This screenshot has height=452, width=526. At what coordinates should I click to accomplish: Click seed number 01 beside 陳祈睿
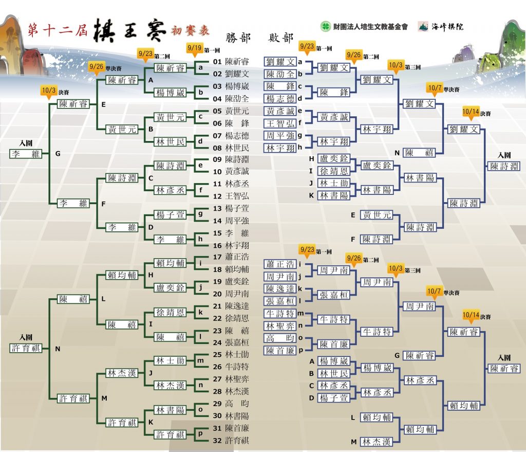pyautogui.click(x=217, y=62)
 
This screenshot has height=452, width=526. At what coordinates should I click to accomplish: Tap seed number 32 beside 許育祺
pyautogui.click(x=217, y=441)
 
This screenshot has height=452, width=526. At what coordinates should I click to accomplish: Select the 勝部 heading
pyautogui.click(x=238, y=38)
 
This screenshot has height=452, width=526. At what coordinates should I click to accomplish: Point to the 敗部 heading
pyautogui.click(x=281, y=38)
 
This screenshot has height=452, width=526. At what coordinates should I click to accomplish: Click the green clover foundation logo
pyautogui.click(x=325, y=26)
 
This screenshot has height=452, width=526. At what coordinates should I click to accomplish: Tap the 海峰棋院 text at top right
pyautogui.click(x=447, y=27)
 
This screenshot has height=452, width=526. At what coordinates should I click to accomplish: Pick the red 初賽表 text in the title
pyautogui.click(x=190, y=30)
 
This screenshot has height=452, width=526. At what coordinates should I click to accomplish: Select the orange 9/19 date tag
pyautogui.click(x=195, y=48)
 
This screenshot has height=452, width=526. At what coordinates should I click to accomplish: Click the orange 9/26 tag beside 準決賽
pyautogui.click(x=96, y=66)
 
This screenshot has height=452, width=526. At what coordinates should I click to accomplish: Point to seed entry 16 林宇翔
pyautogui.click(x=231, y=245)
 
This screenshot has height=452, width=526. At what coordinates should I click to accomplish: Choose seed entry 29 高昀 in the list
pyautogui.click(x=231, y=404)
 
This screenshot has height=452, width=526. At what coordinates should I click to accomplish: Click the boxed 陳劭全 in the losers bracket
pyautogui.click(x=280, y=74)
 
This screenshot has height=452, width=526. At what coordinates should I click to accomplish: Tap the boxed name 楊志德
pyautogui.click(x=280, y=99)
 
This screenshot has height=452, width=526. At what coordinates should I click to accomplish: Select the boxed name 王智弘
pyautogui.click(x=280, y=123)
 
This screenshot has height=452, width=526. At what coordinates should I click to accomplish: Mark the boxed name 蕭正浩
pyautogui.click(x=280, y=265)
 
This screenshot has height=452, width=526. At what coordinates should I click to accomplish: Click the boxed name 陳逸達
pyautogui.click(x=280, y=289)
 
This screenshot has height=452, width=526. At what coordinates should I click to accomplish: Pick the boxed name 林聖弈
pyautogui.click(x=280, y=326)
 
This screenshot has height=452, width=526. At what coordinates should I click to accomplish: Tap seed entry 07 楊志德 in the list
pyautogui.click(x=231, y=136)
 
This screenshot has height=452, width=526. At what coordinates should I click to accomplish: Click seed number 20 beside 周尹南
pyautogui.click(x=217, y=294)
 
